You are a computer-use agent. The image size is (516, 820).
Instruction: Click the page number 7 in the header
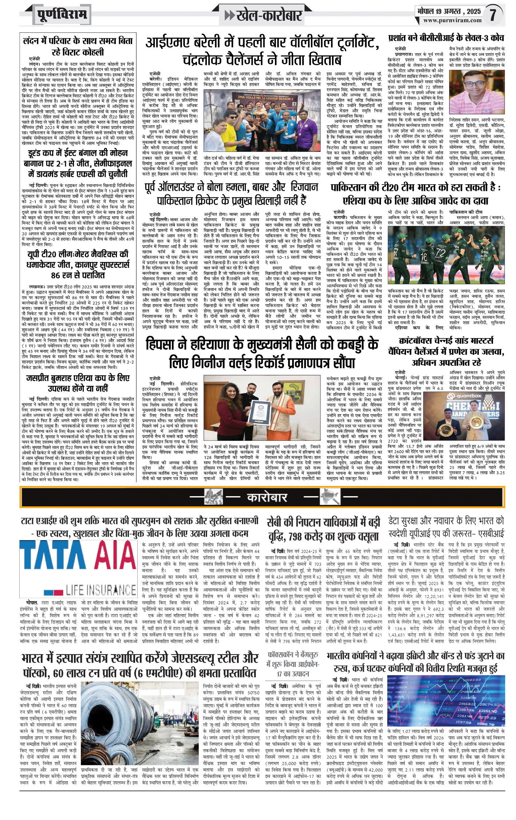[493, 15]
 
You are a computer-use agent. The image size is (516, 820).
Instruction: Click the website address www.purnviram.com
[452, 21]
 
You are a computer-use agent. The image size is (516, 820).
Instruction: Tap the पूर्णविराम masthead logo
[62, 15]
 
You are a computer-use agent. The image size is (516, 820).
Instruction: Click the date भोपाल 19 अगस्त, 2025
[449, 11]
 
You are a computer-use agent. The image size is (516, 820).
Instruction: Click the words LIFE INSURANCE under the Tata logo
[101, 590]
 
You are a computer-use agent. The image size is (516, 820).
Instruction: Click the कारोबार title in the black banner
[267, 497]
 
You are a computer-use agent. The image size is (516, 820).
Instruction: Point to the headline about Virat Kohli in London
[78, 46]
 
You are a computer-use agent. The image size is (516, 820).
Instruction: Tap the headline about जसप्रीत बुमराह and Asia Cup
[78, 383]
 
